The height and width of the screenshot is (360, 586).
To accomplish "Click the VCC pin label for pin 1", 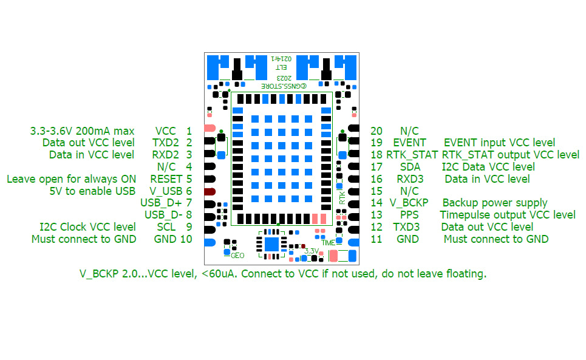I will pos(166,131).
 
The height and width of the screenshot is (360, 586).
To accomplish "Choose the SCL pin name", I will pos(166,227).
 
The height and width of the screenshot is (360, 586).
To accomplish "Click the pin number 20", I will pos(376,131).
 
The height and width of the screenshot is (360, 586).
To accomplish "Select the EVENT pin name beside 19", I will pos(415,143).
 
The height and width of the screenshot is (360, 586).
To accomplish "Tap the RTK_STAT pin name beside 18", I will pos(412,155).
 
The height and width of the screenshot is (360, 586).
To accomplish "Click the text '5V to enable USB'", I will pos(92,191).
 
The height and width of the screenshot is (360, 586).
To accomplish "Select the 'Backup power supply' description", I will pos(495,203).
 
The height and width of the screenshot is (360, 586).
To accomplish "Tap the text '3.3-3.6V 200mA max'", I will pos(82,131).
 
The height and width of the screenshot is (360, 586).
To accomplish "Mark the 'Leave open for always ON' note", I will pos(71,178).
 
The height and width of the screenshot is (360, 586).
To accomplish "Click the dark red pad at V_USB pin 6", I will pos(210,191).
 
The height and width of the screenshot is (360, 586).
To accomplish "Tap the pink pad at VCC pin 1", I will pos(210,128).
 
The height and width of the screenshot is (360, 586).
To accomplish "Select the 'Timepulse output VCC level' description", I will pos(508,215).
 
